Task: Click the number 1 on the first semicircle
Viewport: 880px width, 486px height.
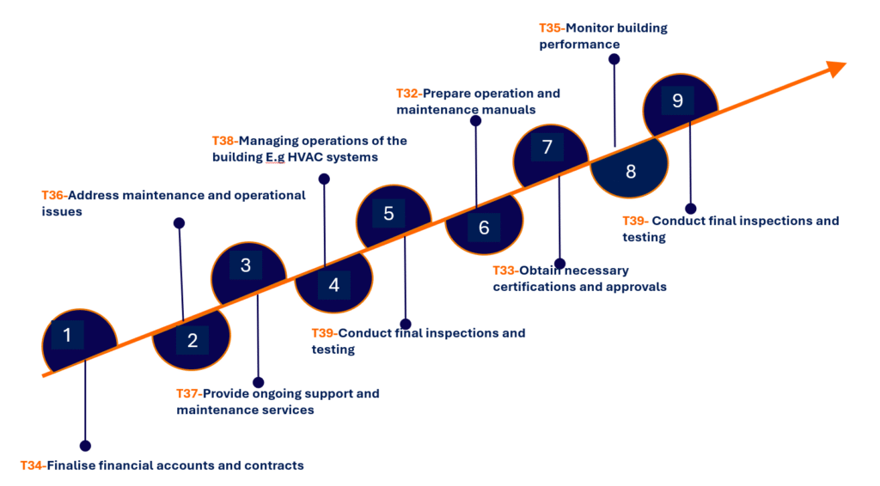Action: point(67,335)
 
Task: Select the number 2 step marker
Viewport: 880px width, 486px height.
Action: point(192,341)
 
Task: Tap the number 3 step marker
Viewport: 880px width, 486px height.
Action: point(246,265)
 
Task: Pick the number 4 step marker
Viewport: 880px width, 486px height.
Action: point(334,285)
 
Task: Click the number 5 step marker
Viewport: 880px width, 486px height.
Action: point(388,213)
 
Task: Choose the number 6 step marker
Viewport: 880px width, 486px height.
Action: point(484,228)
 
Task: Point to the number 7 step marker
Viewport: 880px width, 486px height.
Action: point(547,147)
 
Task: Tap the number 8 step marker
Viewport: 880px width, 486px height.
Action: point(631,171)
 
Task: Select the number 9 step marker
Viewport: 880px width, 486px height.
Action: point(677,100)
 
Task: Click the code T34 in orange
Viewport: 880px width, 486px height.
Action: point(32,465)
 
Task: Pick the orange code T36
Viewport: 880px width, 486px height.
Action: point(53,196)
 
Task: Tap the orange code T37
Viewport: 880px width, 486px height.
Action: point(187,394)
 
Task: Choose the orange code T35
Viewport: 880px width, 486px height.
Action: point(551,28)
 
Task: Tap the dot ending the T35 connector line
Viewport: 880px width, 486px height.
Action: point(614,59)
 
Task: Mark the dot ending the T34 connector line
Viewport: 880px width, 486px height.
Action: point(85,446)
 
